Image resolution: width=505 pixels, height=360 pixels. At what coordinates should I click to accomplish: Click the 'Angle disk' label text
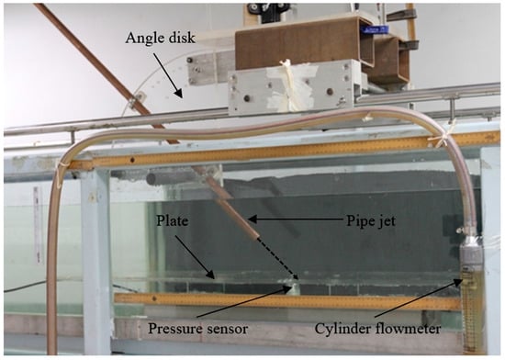pyautogui.click(x=160, y=38)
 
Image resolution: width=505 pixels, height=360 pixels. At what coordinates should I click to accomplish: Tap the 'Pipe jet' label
pyautogui.click(x=371, y=220)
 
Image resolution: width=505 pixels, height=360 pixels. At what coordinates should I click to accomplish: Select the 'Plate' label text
pyautogui.click(x=172, y=220)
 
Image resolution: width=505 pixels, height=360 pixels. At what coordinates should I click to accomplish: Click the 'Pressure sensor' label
pyautogui.click(x=197, y=329)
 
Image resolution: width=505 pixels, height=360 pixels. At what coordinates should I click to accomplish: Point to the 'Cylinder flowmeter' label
pyautogui.click(x=377, y=329)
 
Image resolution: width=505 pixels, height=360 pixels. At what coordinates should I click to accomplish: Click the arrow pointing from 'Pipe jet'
pyautogui.click(x=295, y=219)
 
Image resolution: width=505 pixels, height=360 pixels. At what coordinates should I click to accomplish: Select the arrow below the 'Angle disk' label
pyautogui.click(x=168, y=75)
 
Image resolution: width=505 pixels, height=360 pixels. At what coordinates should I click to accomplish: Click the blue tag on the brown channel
pyautogui.click(x=375, y=29)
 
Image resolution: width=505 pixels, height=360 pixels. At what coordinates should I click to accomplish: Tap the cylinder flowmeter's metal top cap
pyautogui.click(x=470, y=244)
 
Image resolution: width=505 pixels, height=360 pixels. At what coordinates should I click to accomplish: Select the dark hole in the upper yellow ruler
pyautogui.click(x=132, y=160)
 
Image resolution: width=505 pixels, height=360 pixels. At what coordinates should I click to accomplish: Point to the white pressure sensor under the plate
pyautogui.click(x=292, y=287)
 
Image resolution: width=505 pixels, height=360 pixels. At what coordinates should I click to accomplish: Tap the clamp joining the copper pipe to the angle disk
pyautogui.click(x=137, y=100)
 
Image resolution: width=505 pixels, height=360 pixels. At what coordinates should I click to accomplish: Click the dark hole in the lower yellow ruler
pyautogui.click(x=154, y=298)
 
